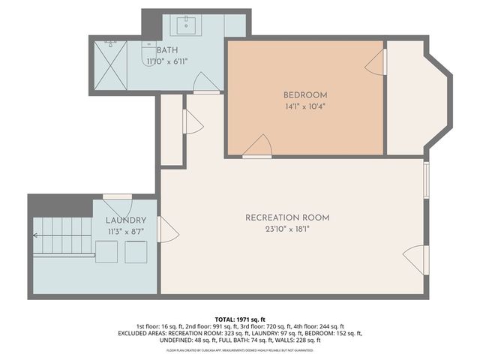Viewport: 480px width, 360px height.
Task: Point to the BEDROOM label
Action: click(x=305, y=94)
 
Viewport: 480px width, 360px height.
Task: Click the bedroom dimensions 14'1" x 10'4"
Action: click(x=305, y=106)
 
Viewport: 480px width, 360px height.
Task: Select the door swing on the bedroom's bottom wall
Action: click(x=258, y=146)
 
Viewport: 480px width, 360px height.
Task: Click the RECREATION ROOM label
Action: click(x=287, y=217)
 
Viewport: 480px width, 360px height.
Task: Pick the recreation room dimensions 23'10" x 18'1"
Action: click(x=287, y=229)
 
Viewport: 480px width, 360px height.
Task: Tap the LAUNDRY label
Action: click(x=125, y=220)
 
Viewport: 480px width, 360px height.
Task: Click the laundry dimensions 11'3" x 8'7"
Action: click(x=125, y=232)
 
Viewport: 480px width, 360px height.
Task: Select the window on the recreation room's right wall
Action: click(x=425, y=179)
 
